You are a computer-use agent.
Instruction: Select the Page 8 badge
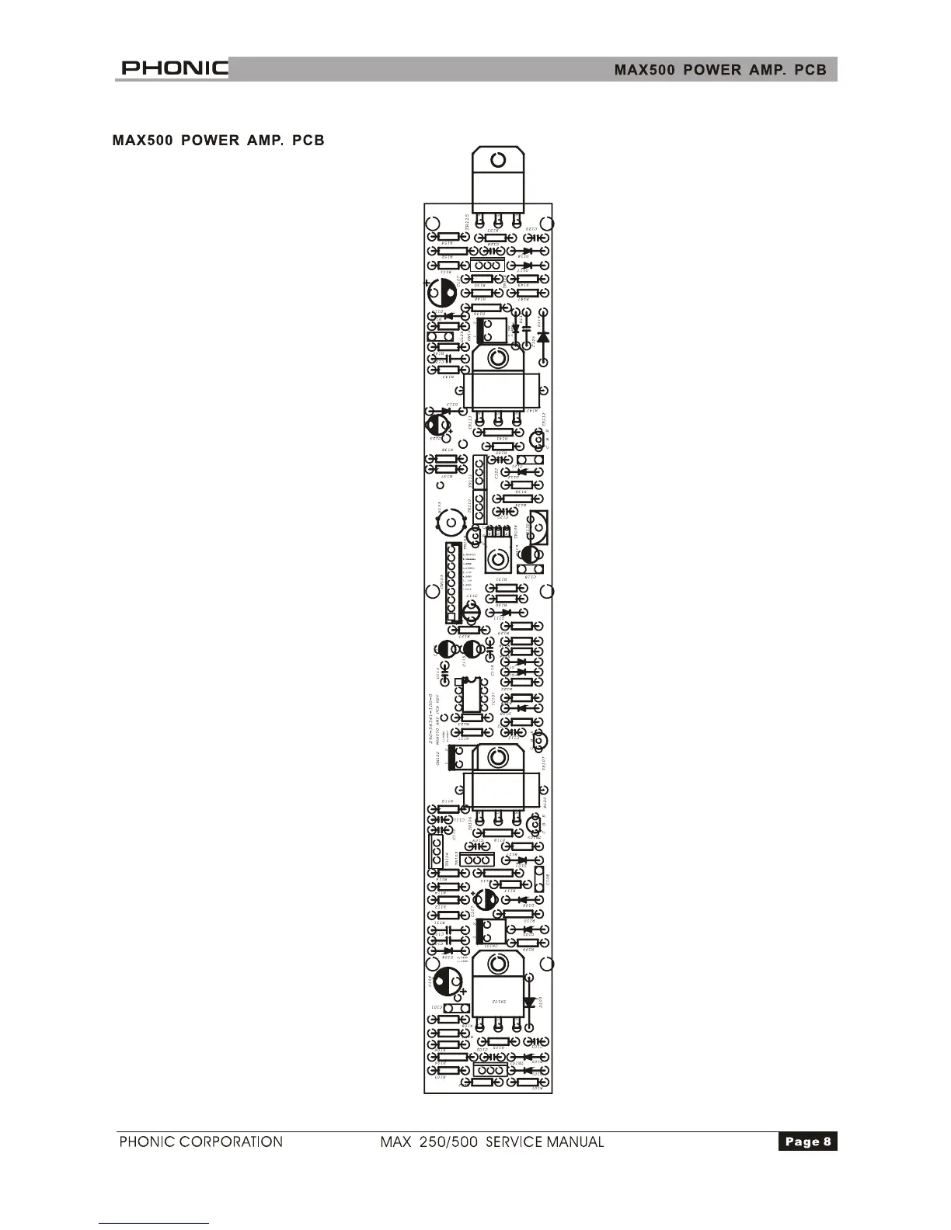click(807, 1141)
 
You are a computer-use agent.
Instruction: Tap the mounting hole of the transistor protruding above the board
click(498, 161)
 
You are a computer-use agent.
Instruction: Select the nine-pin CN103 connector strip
click(451, 582)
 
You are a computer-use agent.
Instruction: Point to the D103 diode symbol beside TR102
click(530, 1002)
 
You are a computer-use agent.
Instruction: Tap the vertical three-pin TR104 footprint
click(436, 852)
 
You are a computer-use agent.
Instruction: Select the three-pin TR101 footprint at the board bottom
click(489, 1070)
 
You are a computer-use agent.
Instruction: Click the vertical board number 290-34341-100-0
click(430, 718)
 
